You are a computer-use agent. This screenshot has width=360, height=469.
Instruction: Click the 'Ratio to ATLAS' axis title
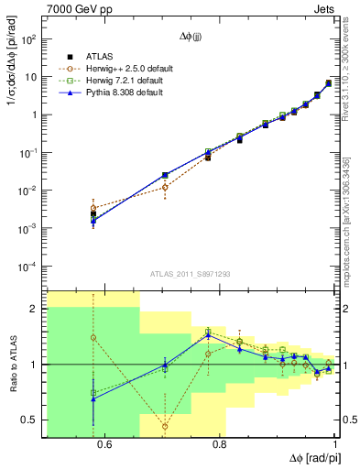click(x=11, y=365)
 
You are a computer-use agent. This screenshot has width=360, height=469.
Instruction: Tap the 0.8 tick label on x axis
click(x=219, y=445)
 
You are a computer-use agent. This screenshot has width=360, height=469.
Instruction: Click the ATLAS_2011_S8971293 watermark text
click(x=190, y=275)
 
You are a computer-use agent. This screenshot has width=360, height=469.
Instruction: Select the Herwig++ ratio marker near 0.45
click(x=165, y=426)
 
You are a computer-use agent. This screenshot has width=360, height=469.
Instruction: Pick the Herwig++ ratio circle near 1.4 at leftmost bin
click(x=93, y=337)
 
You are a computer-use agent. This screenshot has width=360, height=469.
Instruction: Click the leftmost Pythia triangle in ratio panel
click(x=93, y=398)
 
